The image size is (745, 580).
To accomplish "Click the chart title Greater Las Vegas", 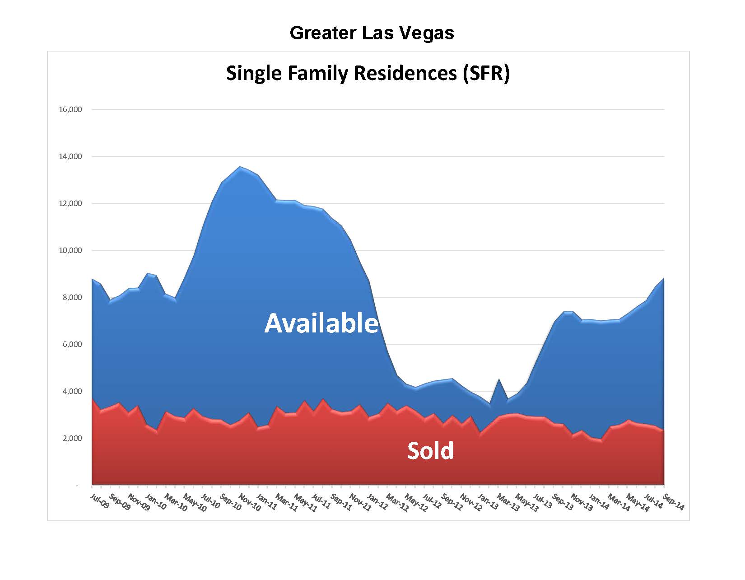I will [x=372, y=33].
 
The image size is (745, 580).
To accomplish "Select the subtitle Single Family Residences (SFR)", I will [x=368, y=73].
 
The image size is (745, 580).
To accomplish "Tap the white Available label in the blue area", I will [x=321, y=323].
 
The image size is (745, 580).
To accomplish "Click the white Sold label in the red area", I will [x=430, y=451].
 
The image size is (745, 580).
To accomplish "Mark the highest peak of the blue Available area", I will [x=240, y=167].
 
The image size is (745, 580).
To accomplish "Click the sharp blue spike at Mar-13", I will [x=498, y=380].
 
